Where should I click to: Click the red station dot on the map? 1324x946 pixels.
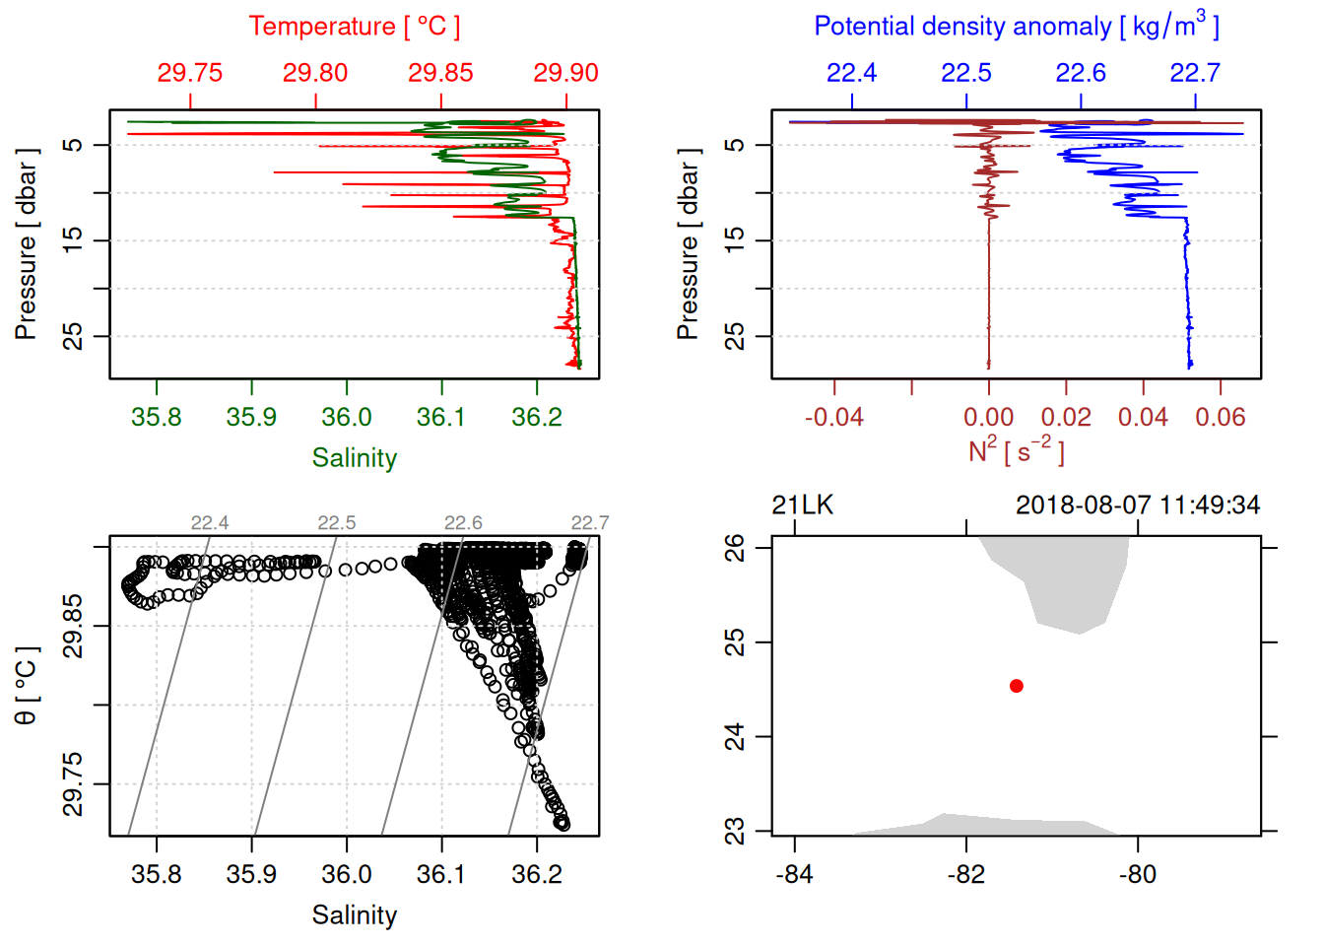(x=1017, y=686)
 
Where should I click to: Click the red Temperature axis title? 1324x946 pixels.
(x=354, y=27)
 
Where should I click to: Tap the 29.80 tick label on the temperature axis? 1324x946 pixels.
(x=315, y=73)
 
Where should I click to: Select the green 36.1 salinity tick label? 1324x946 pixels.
(x=440, y=417)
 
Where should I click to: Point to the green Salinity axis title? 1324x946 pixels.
(x=354, y=458)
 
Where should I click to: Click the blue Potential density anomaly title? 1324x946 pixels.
(x=1016, y=27)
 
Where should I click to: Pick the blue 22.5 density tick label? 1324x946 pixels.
(x=966, y=73)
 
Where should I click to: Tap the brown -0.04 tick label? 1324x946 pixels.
(x=834, y=417)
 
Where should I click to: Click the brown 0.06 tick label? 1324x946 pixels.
(x=1221, y=417)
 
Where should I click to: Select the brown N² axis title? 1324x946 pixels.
(x=1016, y=450)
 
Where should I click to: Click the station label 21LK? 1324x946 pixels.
(x=802, y=506)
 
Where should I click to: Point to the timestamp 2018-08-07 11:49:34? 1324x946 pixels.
(x=1138, y=506)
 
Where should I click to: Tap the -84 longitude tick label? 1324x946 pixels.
(x=794, y=874)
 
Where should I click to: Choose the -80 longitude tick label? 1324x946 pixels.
(x=1138, y=874)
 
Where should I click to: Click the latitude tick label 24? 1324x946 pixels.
(x=735, y=736)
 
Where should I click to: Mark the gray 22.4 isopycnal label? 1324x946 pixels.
(x=210, y=523)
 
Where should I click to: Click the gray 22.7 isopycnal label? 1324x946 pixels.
(x=590, y=523)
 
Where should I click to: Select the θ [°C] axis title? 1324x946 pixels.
(x=27, y=686)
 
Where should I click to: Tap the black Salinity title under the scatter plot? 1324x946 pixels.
(x=354, y=915)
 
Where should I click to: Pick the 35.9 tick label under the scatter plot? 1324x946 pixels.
(x=251, y=874)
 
